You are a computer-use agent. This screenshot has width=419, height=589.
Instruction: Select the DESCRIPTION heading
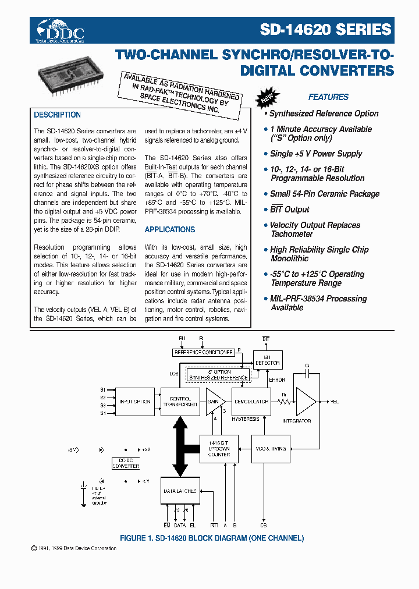(57, 115)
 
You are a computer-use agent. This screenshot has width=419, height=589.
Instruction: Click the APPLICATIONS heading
(169, 230)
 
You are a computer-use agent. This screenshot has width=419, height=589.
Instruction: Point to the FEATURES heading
(328, 97)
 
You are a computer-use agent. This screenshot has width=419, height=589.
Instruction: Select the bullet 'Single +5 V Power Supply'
(316, 154)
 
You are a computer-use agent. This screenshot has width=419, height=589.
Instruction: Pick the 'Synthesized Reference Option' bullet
(324, 113)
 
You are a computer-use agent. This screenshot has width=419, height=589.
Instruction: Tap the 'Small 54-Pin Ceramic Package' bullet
(324, 194)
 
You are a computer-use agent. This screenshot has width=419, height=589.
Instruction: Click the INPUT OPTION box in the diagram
(135, 402)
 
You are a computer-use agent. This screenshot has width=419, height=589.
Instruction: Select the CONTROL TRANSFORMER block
(180, 402)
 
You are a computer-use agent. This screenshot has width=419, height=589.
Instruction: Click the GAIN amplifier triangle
(213, 402)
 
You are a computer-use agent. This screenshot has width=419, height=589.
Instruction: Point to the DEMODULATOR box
(251, 402)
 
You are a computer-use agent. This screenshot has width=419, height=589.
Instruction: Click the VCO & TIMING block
(270, 449)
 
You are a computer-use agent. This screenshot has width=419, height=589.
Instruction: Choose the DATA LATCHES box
(180, 491)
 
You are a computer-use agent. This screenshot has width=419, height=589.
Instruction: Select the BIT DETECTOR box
(268, 360)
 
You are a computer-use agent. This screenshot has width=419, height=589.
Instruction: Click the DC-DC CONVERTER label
(126, 463)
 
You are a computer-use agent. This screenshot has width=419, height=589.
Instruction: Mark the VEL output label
(334, 402)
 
